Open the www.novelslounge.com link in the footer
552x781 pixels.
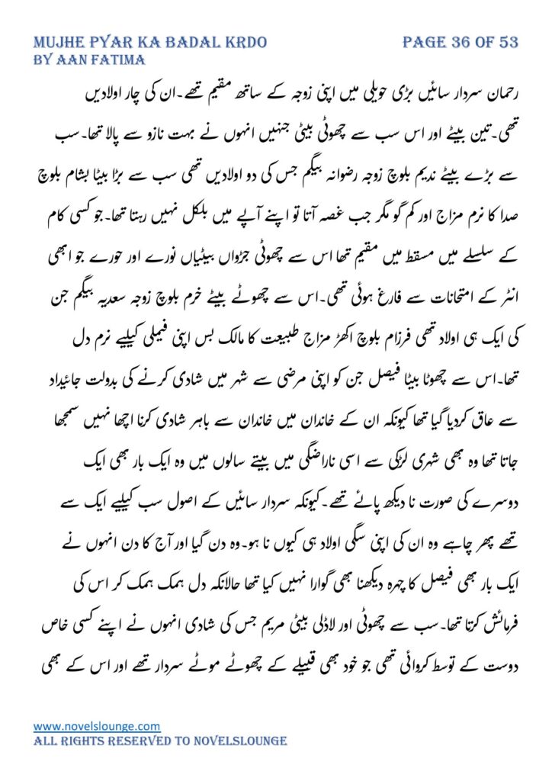pos(97,726)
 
